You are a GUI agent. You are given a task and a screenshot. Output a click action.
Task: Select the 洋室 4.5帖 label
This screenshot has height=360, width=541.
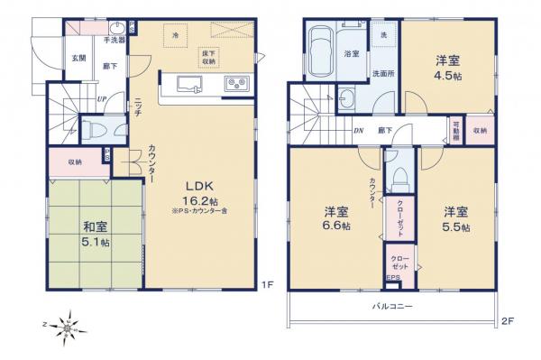447,69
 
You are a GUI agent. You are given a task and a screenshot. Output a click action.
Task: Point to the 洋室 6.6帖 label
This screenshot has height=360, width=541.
337,219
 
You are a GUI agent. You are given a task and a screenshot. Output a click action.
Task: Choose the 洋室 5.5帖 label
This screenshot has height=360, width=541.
455,219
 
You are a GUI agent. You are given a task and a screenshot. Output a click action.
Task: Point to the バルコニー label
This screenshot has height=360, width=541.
393,307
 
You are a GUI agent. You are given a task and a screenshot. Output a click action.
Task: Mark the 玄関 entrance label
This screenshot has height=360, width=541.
78,59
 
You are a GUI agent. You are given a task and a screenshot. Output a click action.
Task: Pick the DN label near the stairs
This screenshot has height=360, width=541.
359,130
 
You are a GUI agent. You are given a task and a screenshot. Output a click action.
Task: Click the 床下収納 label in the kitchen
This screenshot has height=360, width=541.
208,56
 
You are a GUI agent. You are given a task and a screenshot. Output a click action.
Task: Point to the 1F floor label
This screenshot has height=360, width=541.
267,286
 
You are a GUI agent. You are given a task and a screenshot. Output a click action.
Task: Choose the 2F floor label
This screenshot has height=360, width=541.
507,319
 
